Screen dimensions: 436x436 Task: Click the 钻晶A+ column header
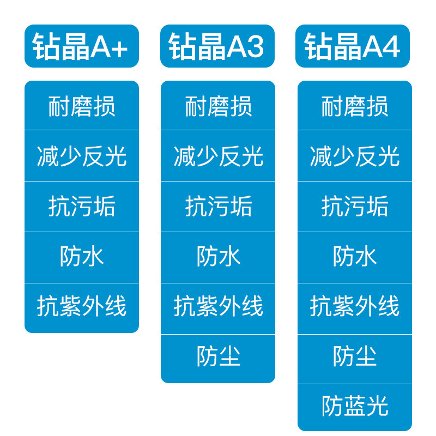click(x=82, y=46)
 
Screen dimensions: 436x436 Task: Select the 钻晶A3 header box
click(x=217, y=46)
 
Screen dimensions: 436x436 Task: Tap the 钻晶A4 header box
click(x=353, y=46)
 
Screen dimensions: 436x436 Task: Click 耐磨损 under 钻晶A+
click(x=82, y=106)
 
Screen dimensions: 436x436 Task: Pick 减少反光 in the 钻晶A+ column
click(x=82, y=156)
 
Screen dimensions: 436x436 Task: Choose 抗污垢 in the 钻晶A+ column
click(x=82, y=207)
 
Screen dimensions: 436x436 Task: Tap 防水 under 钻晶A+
click(x=82, y=257)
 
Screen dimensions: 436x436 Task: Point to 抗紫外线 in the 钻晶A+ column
click(x=82, y=307)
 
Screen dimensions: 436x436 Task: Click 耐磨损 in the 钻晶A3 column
click(x=218, y=106)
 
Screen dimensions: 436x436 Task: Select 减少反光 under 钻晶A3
click(x=218, y=156)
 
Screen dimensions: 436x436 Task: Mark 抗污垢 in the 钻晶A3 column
click(x=218, y=207)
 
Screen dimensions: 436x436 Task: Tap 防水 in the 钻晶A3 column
click(x=218, y=257)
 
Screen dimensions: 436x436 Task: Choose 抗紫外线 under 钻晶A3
click(x=218, y=307)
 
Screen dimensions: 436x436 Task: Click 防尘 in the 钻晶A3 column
click(x=218, y=358)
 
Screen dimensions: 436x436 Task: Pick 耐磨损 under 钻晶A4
click(x=355, y=106)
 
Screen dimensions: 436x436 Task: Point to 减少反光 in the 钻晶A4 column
click(x=355, y=156)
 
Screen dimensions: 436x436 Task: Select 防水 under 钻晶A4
click(x=355, y=257)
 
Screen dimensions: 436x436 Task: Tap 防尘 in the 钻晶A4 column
click(x=355, y=358)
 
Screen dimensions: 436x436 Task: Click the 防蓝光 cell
click(x=355, y=407)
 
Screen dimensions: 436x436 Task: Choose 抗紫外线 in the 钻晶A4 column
click(x=355, y=307)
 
